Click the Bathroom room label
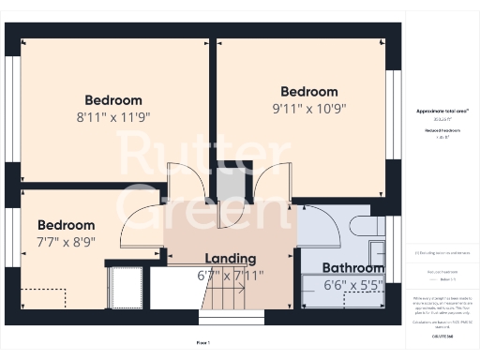tap(352, 267)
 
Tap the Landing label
tap(231, 259)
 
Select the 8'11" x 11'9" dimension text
tap(113, 117)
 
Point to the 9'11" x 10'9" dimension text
tap(309, 108)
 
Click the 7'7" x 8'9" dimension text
tap(67, 242)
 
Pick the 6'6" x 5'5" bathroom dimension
tap(352, 284)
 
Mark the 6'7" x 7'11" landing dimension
tap(231, 276)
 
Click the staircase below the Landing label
tap(225, 300)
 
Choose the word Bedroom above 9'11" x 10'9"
tap(309, 92)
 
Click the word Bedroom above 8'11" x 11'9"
tap(113, 100)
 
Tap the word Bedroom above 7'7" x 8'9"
tap(67, 225)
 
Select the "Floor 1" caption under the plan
tap(203, 342)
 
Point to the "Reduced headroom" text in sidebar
tap(441, 129)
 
